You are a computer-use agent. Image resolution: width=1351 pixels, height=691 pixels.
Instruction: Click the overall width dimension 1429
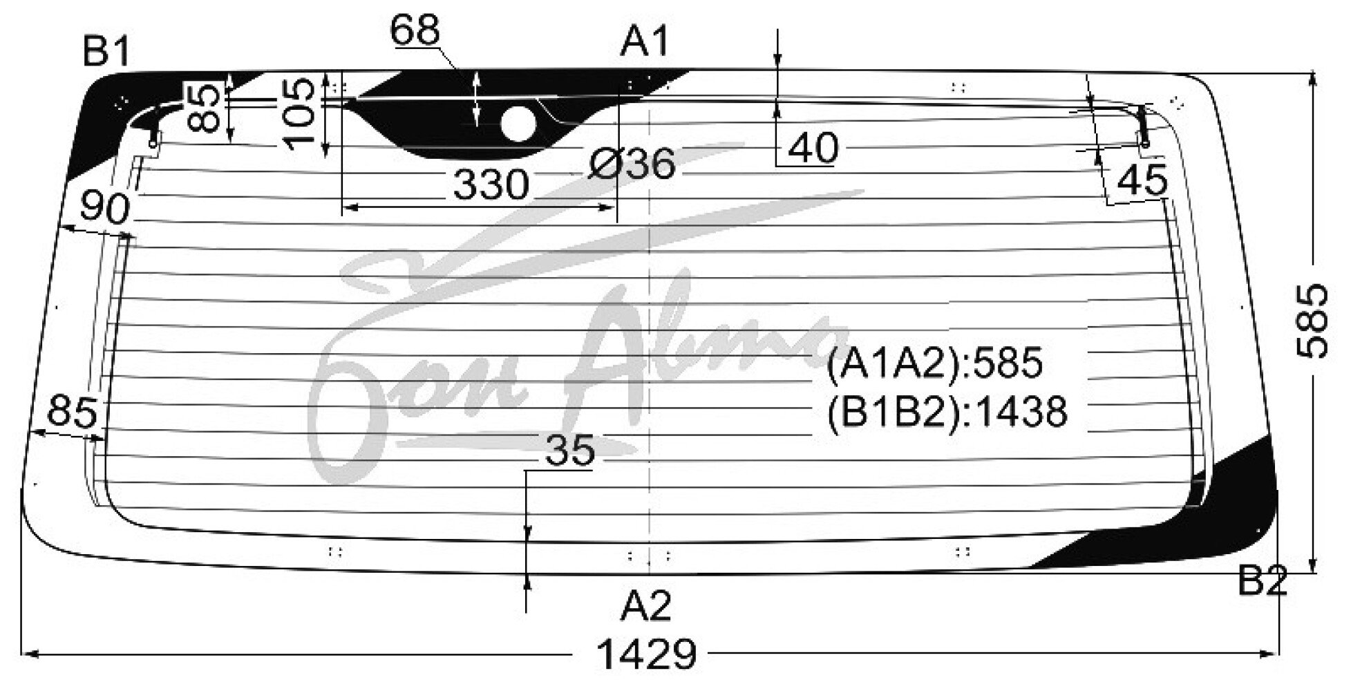pyautogui.click(x=646, y=654)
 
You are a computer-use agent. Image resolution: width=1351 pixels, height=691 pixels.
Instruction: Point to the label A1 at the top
pyautogui.click(x=645, y=42)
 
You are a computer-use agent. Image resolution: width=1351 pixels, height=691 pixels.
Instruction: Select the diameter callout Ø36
pyautogui.click(x=632, y=165)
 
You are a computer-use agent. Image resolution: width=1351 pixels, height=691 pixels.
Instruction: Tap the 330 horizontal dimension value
pyautogui.click(x=491, y=185)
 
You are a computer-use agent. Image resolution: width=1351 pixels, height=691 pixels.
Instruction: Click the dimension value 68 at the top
pyautogui.click(x=415, y=30)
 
